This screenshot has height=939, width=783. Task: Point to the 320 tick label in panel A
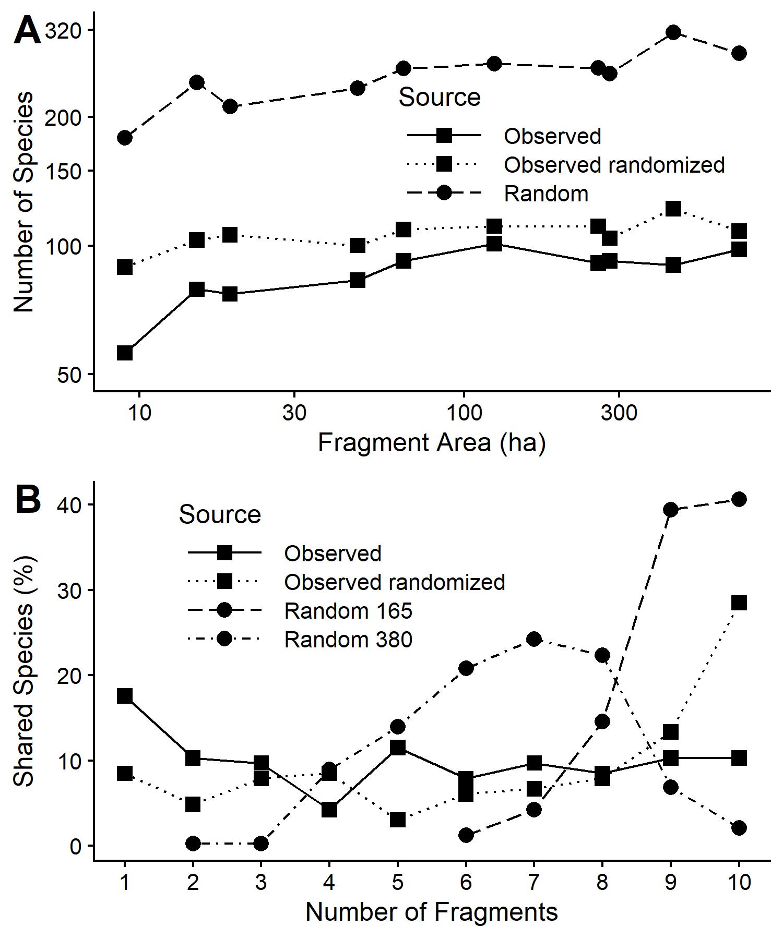(x=63, y=31)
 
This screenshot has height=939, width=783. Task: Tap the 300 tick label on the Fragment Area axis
(x=619, y=413)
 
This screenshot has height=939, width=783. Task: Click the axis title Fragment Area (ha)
(x=432, y=443)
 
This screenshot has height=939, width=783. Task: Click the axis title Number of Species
(x=23, y=202)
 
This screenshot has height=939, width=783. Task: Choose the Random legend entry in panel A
(x=545, y=194)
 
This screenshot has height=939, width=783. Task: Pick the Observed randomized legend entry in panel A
(x=614, y=165)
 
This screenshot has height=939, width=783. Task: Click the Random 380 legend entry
(x=348, y=639)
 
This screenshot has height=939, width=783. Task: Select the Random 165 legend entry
(x=348, y=611)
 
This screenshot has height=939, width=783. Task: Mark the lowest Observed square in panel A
(x=125, y=353)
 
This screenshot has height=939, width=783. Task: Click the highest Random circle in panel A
(x=673, y=32)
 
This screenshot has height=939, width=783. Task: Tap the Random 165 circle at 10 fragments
(x=739, y=499)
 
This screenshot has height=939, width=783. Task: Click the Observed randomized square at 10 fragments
(x=739, y=603)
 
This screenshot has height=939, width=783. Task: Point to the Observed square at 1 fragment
(x=125, y=696)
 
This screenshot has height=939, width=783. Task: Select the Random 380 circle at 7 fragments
(x=533, y=639)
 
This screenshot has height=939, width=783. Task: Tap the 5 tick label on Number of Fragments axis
(x=398, y=882)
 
